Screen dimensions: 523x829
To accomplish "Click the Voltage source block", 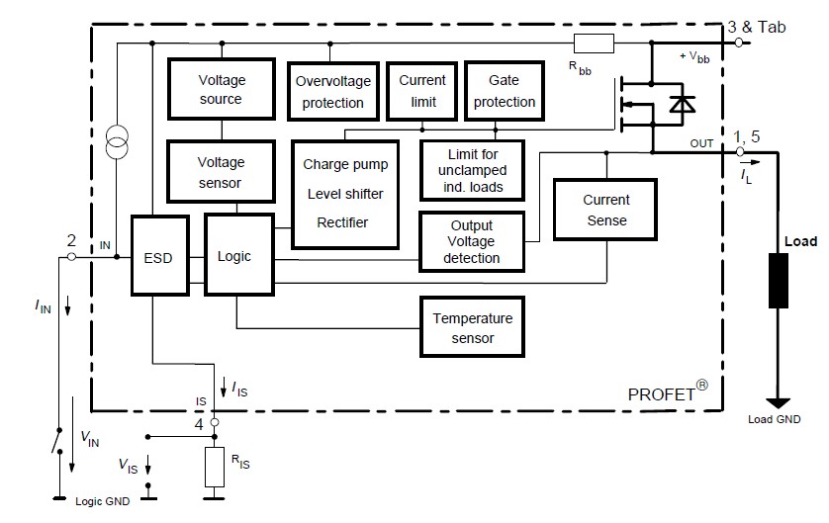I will (221, 89).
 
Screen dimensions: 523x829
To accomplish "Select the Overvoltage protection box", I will (329, 91).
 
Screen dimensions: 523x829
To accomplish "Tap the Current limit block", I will (422, 90).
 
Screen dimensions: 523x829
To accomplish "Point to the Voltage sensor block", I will (221, 171).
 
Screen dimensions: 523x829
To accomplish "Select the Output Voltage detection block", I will (471, 241).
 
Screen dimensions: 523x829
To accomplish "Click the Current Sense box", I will (605, 210).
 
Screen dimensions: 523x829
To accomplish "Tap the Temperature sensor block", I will (472, 328).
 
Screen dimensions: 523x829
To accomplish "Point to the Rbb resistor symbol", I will (594, 44).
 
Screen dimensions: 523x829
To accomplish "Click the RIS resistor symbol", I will (215, 466).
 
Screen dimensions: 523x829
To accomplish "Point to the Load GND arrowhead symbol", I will (779, 402).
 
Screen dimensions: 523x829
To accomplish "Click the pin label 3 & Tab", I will (757, 27).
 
